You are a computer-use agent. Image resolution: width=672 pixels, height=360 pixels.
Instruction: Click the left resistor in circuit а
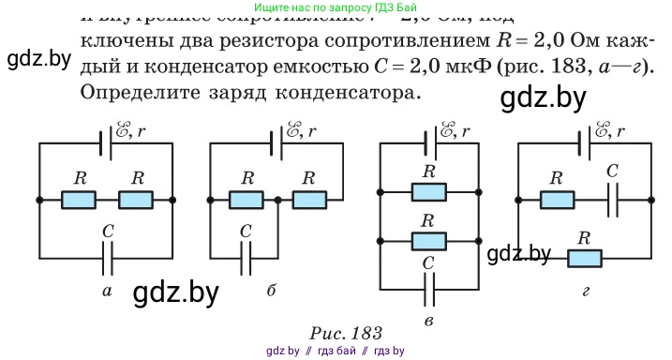tap(79, 200)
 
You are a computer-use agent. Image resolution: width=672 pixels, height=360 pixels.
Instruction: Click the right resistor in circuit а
tap(137, 200)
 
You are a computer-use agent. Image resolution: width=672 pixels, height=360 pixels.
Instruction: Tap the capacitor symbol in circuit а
tap(107, 252)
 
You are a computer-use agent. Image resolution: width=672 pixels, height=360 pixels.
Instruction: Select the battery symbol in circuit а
tap(105, 142)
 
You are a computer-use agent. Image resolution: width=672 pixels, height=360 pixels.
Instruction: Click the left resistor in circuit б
tap(247, 200)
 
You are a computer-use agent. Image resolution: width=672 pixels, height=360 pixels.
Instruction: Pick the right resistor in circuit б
tap(307, 200)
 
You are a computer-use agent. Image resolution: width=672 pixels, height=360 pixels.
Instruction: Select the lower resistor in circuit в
tap(429, 240)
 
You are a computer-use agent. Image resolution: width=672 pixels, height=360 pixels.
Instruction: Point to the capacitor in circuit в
tap(429, 291)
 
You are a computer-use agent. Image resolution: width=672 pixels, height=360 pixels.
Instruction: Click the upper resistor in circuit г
tap(558, 200)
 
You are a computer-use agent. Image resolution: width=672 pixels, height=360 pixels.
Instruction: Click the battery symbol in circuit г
tap(587, 142)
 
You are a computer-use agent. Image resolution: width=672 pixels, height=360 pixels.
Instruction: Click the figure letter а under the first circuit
tap(107, 292)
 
